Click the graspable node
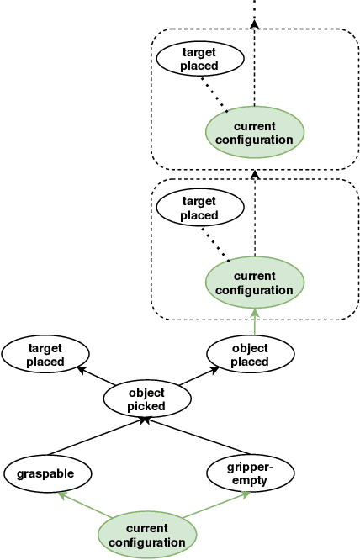click(x=44, y=473)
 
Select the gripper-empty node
click(x=250, y=473)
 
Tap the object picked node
click(x=146, y=399)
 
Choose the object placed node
click(x=250, y=355)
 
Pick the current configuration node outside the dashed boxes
click(x=146, y=536)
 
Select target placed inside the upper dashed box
click(x=199, y=60)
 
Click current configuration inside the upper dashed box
click(x=254, y=133)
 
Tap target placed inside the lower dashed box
click(x=199, y=209)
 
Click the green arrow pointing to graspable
click(x=84, y=508)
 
